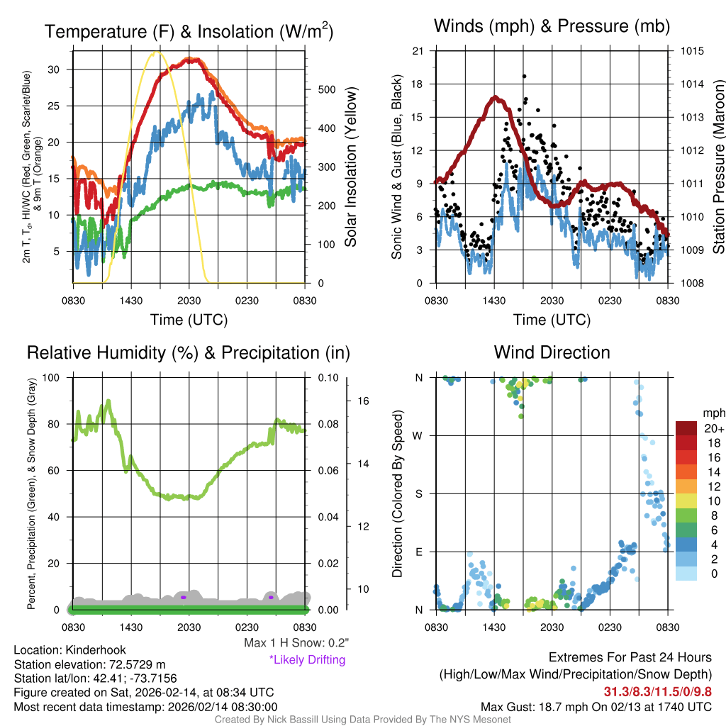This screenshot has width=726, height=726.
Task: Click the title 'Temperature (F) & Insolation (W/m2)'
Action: click(x=189, y=31)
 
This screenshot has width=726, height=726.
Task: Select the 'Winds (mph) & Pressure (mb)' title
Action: click(x=552, y=26)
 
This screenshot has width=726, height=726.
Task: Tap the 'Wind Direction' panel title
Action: click(x=552, y=352)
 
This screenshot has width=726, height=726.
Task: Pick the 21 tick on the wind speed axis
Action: click(x=418, y=51)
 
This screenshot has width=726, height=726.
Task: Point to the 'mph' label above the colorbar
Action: click(x=713, y=413)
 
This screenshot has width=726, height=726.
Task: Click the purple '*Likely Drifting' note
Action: click(x=307, y=659)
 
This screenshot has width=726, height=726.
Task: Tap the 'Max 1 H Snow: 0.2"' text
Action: click(x=296, y=643)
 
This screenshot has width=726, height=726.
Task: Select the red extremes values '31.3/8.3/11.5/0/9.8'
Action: click(x=657, y=691)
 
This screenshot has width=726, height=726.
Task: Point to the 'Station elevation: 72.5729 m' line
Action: click(x=89, y=664)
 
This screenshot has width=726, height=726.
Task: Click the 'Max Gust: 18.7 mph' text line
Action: click(x=596, y=707)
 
